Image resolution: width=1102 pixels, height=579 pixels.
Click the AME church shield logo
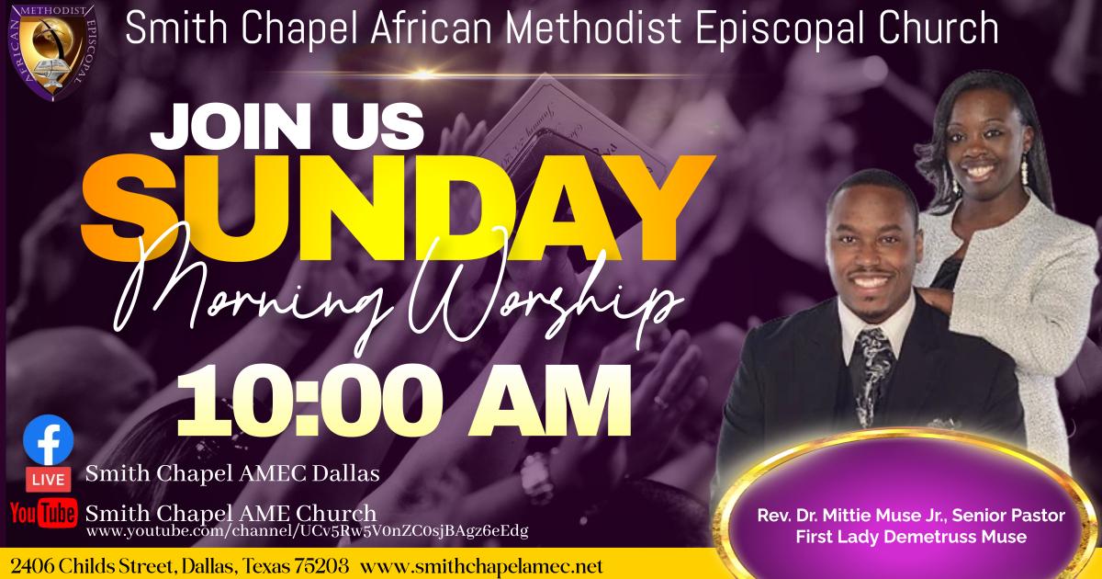pos(52,51)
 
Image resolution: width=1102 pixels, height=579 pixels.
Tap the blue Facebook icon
pos(48,440)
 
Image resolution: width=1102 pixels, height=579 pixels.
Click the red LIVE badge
pos(48,480)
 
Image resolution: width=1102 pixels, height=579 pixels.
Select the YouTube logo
pos(43,513)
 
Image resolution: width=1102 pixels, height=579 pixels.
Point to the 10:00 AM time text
pos(403,402)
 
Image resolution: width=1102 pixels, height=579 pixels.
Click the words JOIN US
pos(287,126)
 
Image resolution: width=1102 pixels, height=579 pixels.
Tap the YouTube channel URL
pos(308,532)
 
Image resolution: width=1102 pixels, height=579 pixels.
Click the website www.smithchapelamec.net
pos(481,566)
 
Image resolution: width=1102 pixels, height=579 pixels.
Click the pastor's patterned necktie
pos(873,374)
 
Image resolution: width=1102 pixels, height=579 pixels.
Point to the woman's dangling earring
pos(1025,169)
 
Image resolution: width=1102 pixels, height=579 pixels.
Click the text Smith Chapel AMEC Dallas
pos(232,473)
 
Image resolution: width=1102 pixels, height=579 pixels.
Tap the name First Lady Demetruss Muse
pos(911,536)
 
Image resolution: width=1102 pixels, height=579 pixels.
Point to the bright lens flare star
pos(423,74)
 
